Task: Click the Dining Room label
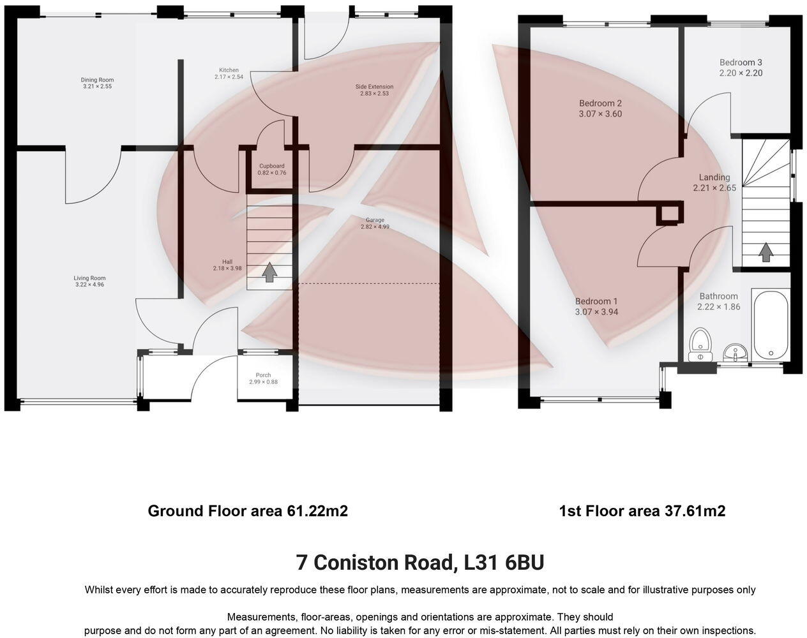pos(98,80)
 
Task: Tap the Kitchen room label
pos(229,70)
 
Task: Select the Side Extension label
pos(374,87)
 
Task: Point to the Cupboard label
pos(271,166)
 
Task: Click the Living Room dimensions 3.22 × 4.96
pos(89,285)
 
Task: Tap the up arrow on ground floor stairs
pos(270,272)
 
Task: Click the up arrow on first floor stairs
pos(764,253)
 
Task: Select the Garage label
pos(375,220)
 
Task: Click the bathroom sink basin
pos(736,352)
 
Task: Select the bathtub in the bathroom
pos(770,325)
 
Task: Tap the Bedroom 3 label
pos(741,63)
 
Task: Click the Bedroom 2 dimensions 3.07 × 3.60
pos(600,114)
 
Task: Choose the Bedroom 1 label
pos(596,301)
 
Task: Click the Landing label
pos(714,177)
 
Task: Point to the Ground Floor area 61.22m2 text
pos(248,511)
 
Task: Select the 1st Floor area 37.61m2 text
pos(642,511)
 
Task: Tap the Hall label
pos(227,262)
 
